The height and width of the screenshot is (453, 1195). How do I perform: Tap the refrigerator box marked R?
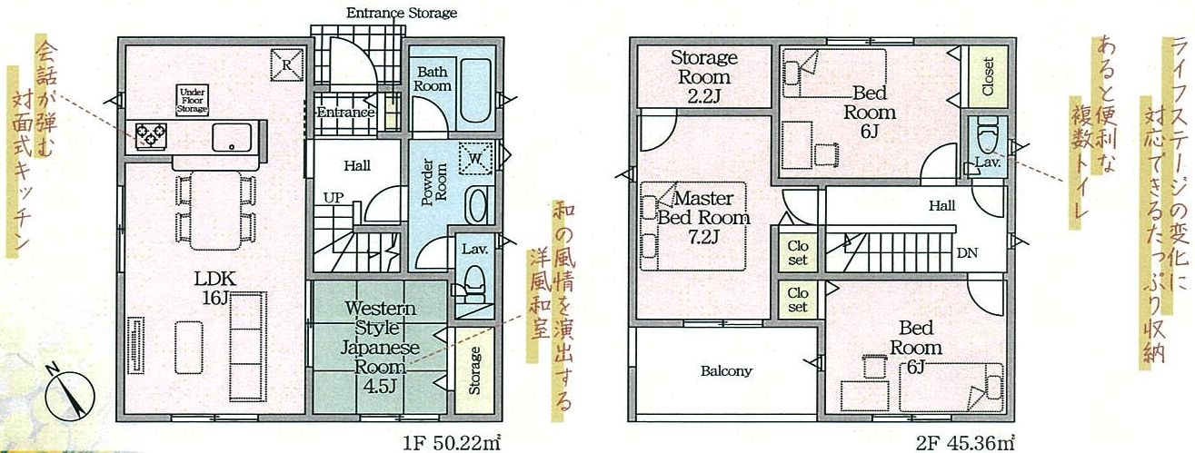pos(286,65)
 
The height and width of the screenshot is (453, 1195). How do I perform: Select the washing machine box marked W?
pos(475,158)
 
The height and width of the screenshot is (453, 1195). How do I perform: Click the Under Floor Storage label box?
pos(192,100)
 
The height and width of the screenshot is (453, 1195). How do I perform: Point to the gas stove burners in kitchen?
pos(151,135)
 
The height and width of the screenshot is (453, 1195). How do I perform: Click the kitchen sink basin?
pos(232,137)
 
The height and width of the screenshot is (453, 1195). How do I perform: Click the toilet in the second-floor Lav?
pos(987,136)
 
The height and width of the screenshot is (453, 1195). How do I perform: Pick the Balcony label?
pos(726,371)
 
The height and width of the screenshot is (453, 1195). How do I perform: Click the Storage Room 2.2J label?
pos(703,77)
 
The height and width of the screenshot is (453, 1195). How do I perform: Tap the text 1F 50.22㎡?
pos(452,442)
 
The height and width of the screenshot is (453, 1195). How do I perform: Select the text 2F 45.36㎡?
pos(965,442)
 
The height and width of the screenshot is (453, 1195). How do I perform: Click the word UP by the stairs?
pos(334,198)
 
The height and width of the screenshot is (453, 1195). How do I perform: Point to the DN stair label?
pos(967,252)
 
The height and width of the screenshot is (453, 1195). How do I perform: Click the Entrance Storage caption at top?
pos(402,13)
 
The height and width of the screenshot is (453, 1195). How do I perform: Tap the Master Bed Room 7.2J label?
pos(703,218)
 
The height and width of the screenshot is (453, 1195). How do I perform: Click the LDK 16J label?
pos(214,289)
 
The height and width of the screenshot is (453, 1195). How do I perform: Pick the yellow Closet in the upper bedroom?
pos(988,77)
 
